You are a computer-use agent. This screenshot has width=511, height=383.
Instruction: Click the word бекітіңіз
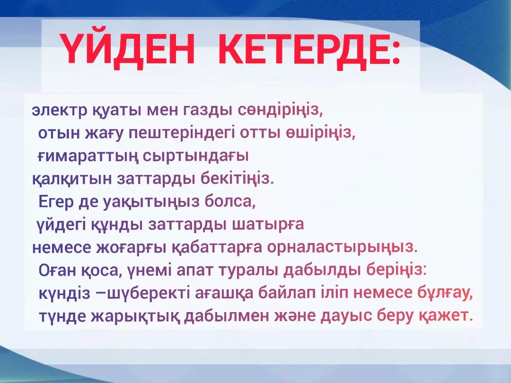click(x=237, y=179)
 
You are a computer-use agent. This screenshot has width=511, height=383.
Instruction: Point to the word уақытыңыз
click(x=151, y=202)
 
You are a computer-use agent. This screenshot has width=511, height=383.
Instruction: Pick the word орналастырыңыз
click(x=342, y=247)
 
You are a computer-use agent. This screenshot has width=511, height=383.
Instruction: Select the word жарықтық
click(x=134, y=316)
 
